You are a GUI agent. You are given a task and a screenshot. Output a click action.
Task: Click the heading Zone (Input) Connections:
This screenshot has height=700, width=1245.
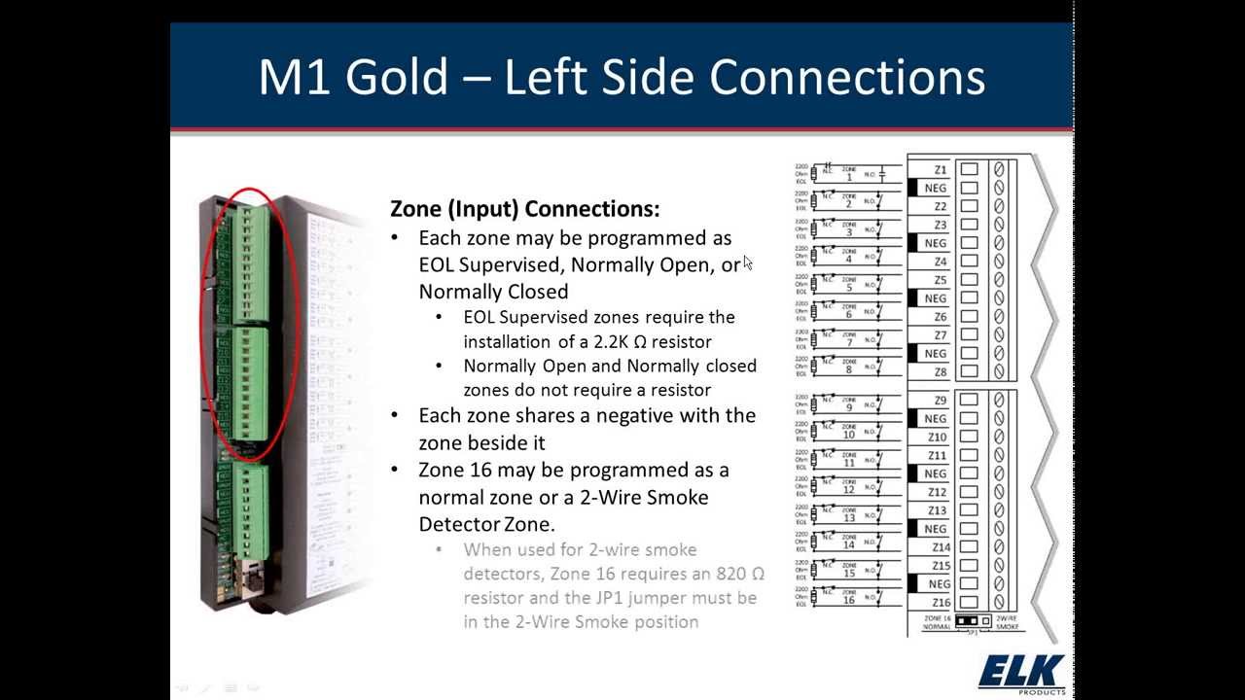tap(524, 209)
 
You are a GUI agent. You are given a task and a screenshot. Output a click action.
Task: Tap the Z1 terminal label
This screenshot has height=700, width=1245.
tap(940, 170)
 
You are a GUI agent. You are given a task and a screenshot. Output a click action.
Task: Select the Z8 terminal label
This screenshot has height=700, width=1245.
tap(940, 372)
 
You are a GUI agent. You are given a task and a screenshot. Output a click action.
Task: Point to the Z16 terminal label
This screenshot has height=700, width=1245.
tap(939, 603)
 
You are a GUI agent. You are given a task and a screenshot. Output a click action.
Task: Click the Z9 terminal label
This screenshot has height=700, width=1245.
tap(940, 401)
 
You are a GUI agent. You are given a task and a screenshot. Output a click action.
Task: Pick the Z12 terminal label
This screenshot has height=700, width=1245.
tap(937, 492)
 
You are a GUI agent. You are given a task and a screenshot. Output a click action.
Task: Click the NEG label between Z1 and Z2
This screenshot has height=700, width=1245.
tap(935, 189)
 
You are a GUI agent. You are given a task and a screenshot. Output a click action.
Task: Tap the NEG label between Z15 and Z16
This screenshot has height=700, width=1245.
tap(938, 584)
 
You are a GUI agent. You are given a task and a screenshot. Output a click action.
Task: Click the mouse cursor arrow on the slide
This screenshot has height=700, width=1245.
tap(747, 262)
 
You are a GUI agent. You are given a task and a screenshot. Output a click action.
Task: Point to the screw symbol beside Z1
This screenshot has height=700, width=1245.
tap(998, 169)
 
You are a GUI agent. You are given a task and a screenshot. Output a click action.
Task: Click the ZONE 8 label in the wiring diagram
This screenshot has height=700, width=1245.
tap(848, 367)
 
